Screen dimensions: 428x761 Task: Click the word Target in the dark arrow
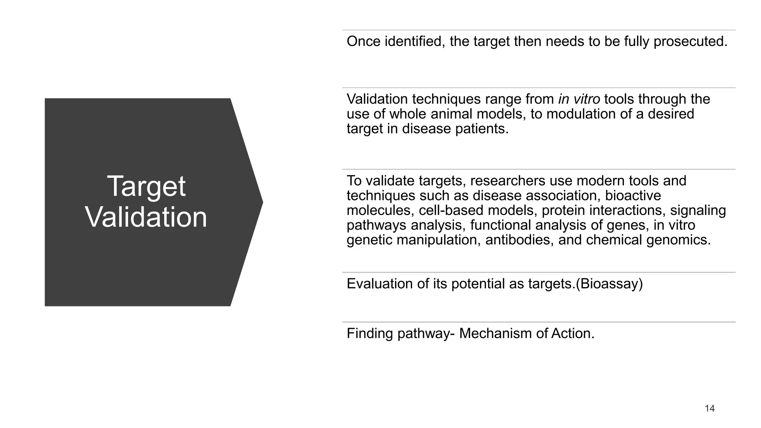click(146, 187)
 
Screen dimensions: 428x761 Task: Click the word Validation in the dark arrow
click(146, 217)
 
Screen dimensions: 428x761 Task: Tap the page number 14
click(709, 409)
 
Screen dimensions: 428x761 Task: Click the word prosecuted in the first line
click(690, 42)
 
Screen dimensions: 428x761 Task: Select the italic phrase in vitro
click(579, 99)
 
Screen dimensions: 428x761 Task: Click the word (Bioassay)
click(609, 284)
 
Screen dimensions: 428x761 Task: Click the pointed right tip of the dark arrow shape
click(262, 202)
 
